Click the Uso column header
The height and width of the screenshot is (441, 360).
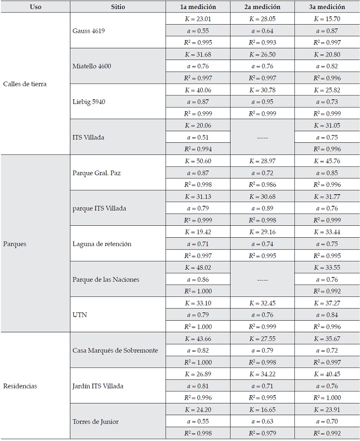35,7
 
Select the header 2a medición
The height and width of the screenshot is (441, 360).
262,7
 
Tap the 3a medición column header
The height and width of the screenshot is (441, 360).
327,7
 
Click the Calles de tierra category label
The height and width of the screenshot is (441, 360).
25,84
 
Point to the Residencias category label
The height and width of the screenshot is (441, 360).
20,386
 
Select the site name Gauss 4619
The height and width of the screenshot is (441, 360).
88,31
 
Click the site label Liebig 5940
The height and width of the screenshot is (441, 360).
89,102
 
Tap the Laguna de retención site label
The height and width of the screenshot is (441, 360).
102,244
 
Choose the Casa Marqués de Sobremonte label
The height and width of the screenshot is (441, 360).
115,350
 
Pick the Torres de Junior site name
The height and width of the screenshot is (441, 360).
95,422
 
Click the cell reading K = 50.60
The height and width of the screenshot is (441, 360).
198,161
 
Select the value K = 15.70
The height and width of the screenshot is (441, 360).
327,19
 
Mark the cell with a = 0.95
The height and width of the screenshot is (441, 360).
262,102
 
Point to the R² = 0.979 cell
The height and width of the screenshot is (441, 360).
262,433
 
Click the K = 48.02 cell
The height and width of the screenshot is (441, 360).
198,268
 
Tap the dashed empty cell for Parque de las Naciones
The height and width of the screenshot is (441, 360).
262,280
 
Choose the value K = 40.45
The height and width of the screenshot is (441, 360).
327,374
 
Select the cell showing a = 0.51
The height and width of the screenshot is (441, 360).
198,137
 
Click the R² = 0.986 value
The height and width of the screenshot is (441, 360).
262,185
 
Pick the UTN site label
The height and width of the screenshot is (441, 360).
79,315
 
